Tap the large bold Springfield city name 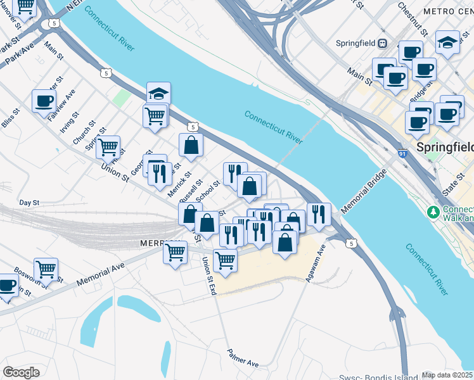(445, 147)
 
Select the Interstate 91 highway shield (402, 154)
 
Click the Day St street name (29, 203)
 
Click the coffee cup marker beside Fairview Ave (44, 101)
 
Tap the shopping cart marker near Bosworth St (46, 269)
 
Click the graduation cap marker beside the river (158, 94)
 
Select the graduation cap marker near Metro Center (447, 42)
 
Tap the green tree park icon (434, 210)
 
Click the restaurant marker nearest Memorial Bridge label (318, 214)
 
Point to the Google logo (21, 372)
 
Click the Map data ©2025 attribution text (447, 375)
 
